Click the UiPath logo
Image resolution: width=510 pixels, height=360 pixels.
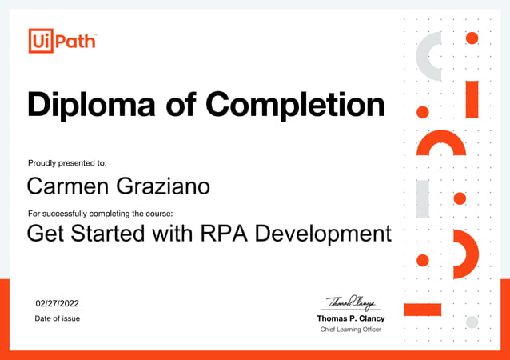pos(62,40)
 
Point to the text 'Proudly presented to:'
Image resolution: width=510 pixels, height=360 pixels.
pos(67,162)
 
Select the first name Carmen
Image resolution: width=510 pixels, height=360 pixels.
pos(67,186)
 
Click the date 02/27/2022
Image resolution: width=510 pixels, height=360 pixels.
pos(58,303)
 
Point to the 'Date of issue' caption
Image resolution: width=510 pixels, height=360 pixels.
pos(57,318)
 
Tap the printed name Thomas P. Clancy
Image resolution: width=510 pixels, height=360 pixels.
pos(351,318)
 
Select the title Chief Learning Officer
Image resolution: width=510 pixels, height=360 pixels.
pos(351,330)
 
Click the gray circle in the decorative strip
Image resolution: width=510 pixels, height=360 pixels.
pos(472,322)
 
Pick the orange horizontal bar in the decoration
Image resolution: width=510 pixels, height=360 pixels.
pos(423,310)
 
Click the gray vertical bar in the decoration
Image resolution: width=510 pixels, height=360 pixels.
pos(423,198)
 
